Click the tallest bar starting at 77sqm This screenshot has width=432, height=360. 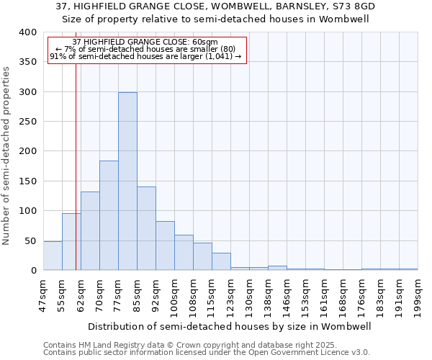click(127, 181)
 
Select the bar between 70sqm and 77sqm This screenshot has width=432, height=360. click(109, 215)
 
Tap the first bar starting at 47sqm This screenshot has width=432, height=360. click(53, 256)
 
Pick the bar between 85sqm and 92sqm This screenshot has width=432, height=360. click(146, 228)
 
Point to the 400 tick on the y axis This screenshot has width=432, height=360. click(28, 32)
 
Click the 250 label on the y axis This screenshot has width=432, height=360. click(28, 122)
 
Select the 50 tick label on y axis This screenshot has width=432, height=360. click(31, 240)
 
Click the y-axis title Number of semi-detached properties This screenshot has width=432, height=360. click(6, 155)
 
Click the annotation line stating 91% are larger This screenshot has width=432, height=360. click(146, 56)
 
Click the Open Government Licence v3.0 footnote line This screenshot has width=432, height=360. click(206, 353)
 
